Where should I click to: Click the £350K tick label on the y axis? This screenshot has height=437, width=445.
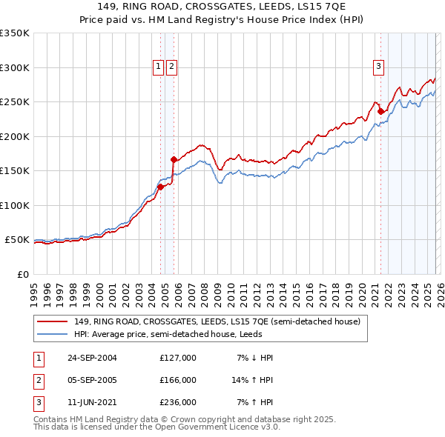click(15, 33)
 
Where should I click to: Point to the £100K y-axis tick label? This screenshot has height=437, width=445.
click(15, 205)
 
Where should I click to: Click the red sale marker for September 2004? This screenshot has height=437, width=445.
click(160, 187)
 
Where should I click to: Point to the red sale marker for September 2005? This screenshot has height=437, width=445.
click(173, 159)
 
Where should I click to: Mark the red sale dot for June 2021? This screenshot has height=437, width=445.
click(380, 112)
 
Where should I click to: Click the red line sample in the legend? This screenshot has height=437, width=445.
click(53, 321)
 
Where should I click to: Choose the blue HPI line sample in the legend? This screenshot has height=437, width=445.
click(53, 334)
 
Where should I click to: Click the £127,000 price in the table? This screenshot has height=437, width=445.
click(178, 358)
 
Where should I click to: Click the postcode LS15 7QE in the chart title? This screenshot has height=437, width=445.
click(334, 8)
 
